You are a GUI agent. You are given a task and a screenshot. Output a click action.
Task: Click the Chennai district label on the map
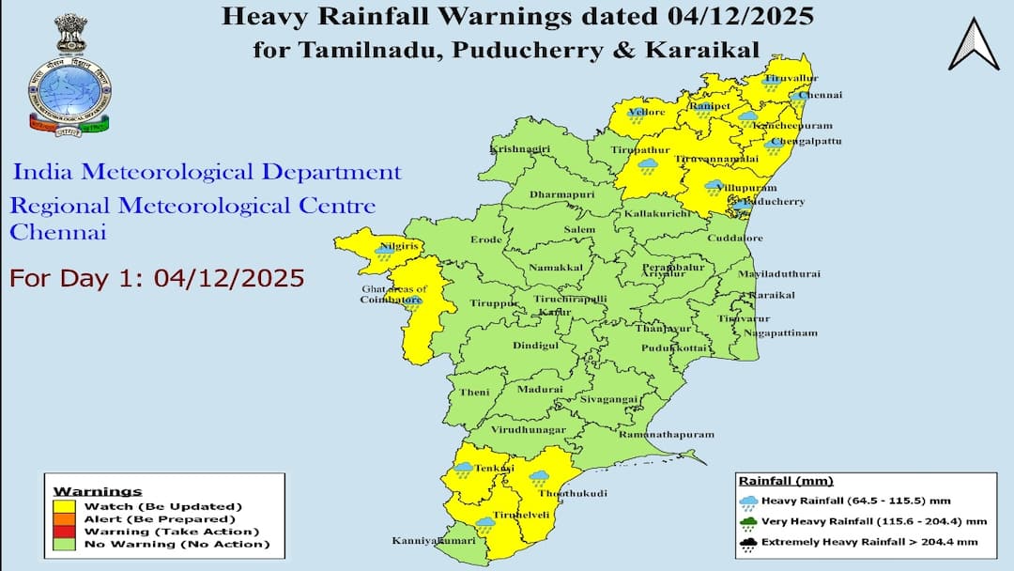822,95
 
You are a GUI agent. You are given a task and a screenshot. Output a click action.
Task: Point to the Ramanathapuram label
667,435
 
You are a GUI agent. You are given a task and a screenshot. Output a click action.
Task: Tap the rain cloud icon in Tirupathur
647,166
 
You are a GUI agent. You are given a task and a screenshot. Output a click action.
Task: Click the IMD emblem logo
69,75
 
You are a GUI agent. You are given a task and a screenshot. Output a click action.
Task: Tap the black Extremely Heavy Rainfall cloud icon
748,542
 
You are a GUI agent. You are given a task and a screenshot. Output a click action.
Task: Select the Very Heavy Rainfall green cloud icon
748,521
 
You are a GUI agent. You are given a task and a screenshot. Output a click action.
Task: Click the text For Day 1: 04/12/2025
157,278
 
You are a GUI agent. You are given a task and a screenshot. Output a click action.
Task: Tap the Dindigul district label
535,346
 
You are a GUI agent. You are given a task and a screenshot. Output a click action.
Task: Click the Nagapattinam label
780,332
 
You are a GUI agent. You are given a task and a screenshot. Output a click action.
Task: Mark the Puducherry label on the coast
775,202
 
